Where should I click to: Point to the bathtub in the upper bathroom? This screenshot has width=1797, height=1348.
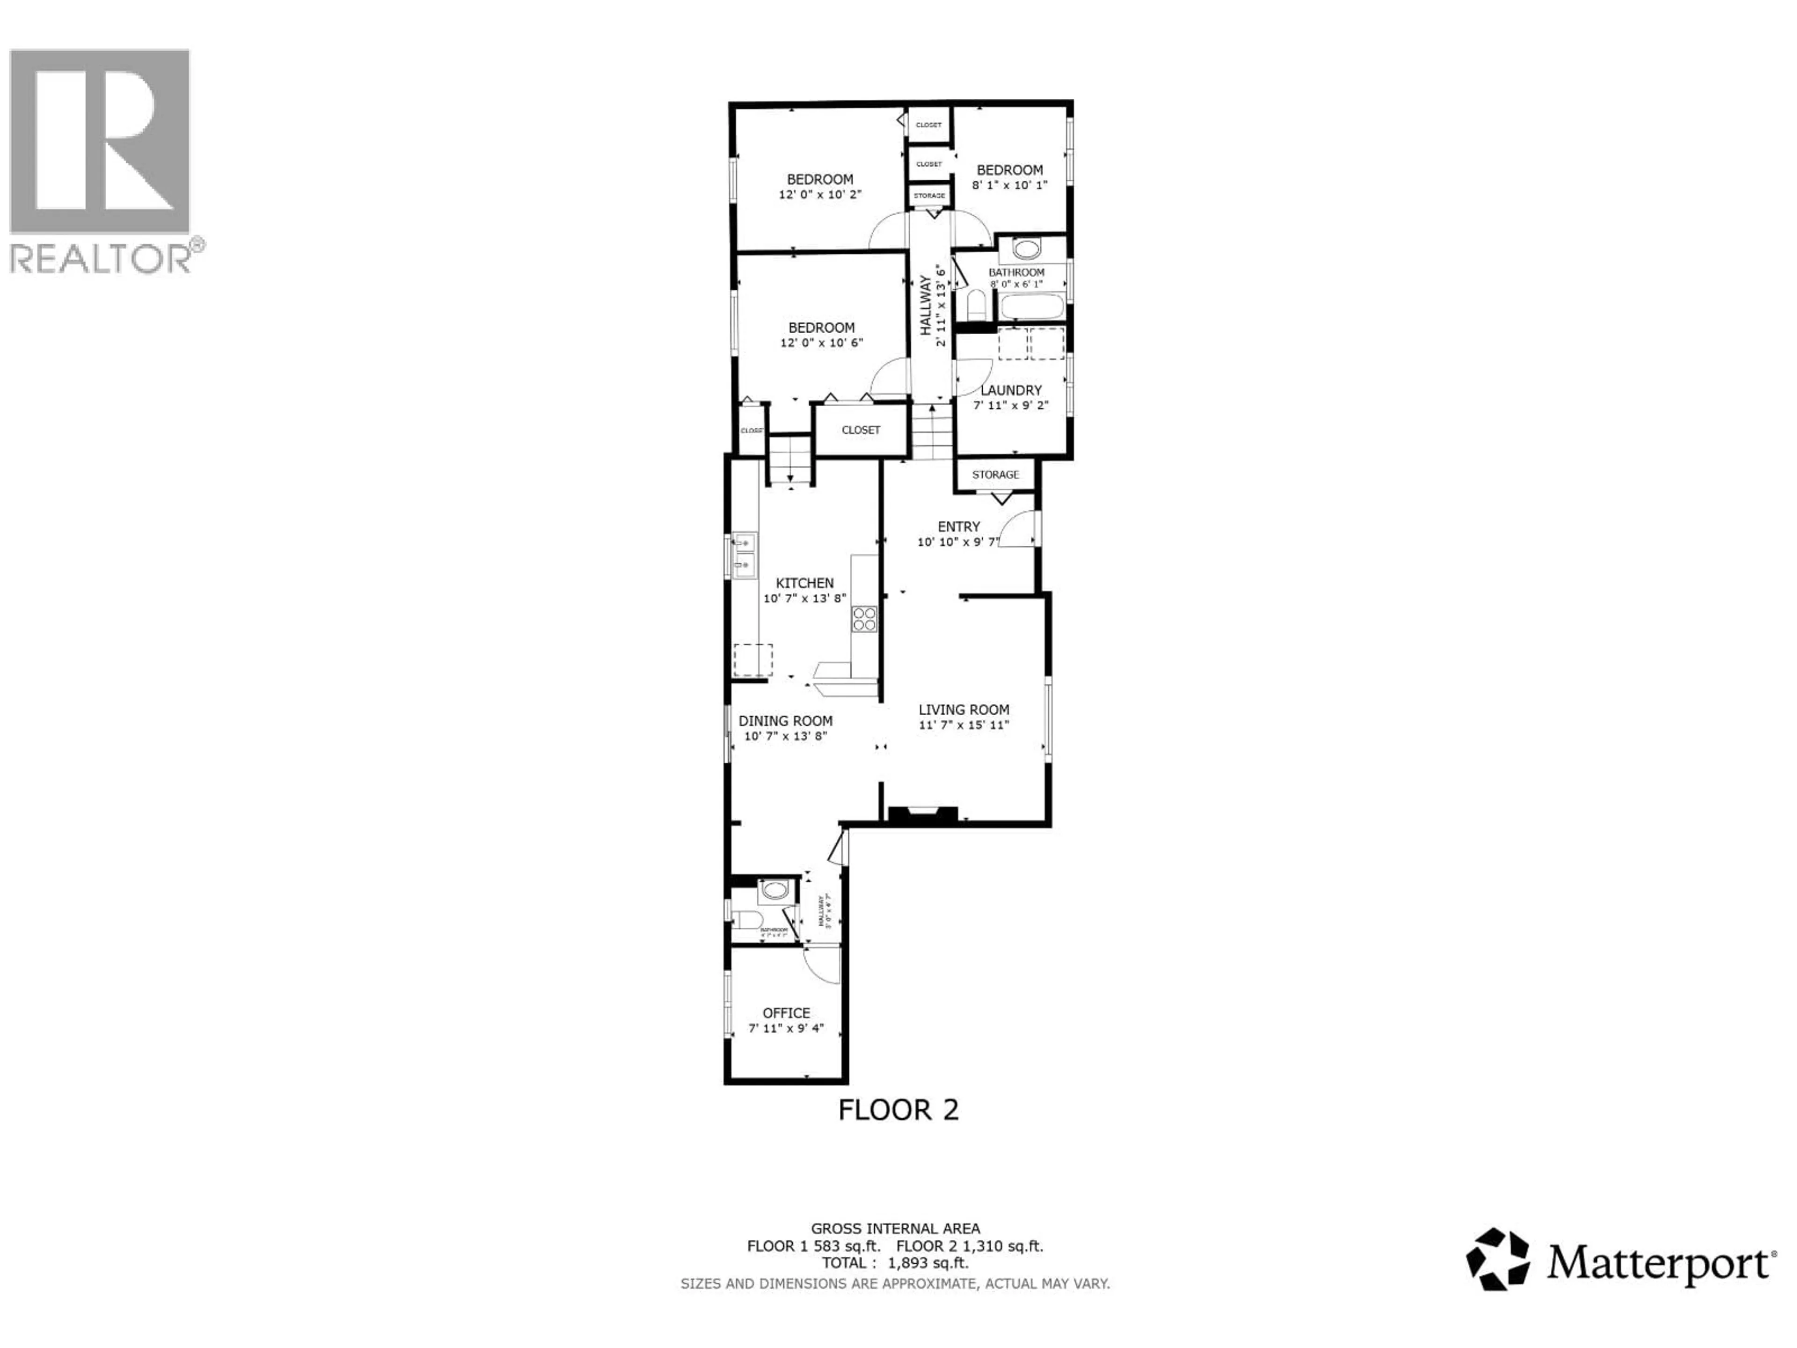[x=1031, y=307]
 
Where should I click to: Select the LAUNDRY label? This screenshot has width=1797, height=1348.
[x=1011, y=390]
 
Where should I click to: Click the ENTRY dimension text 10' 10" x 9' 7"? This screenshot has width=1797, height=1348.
[x=958, y=542]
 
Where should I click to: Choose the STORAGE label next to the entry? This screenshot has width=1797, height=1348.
[x=995, y=475]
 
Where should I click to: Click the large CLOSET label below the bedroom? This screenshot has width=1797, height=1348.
[x=860, y=430]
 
